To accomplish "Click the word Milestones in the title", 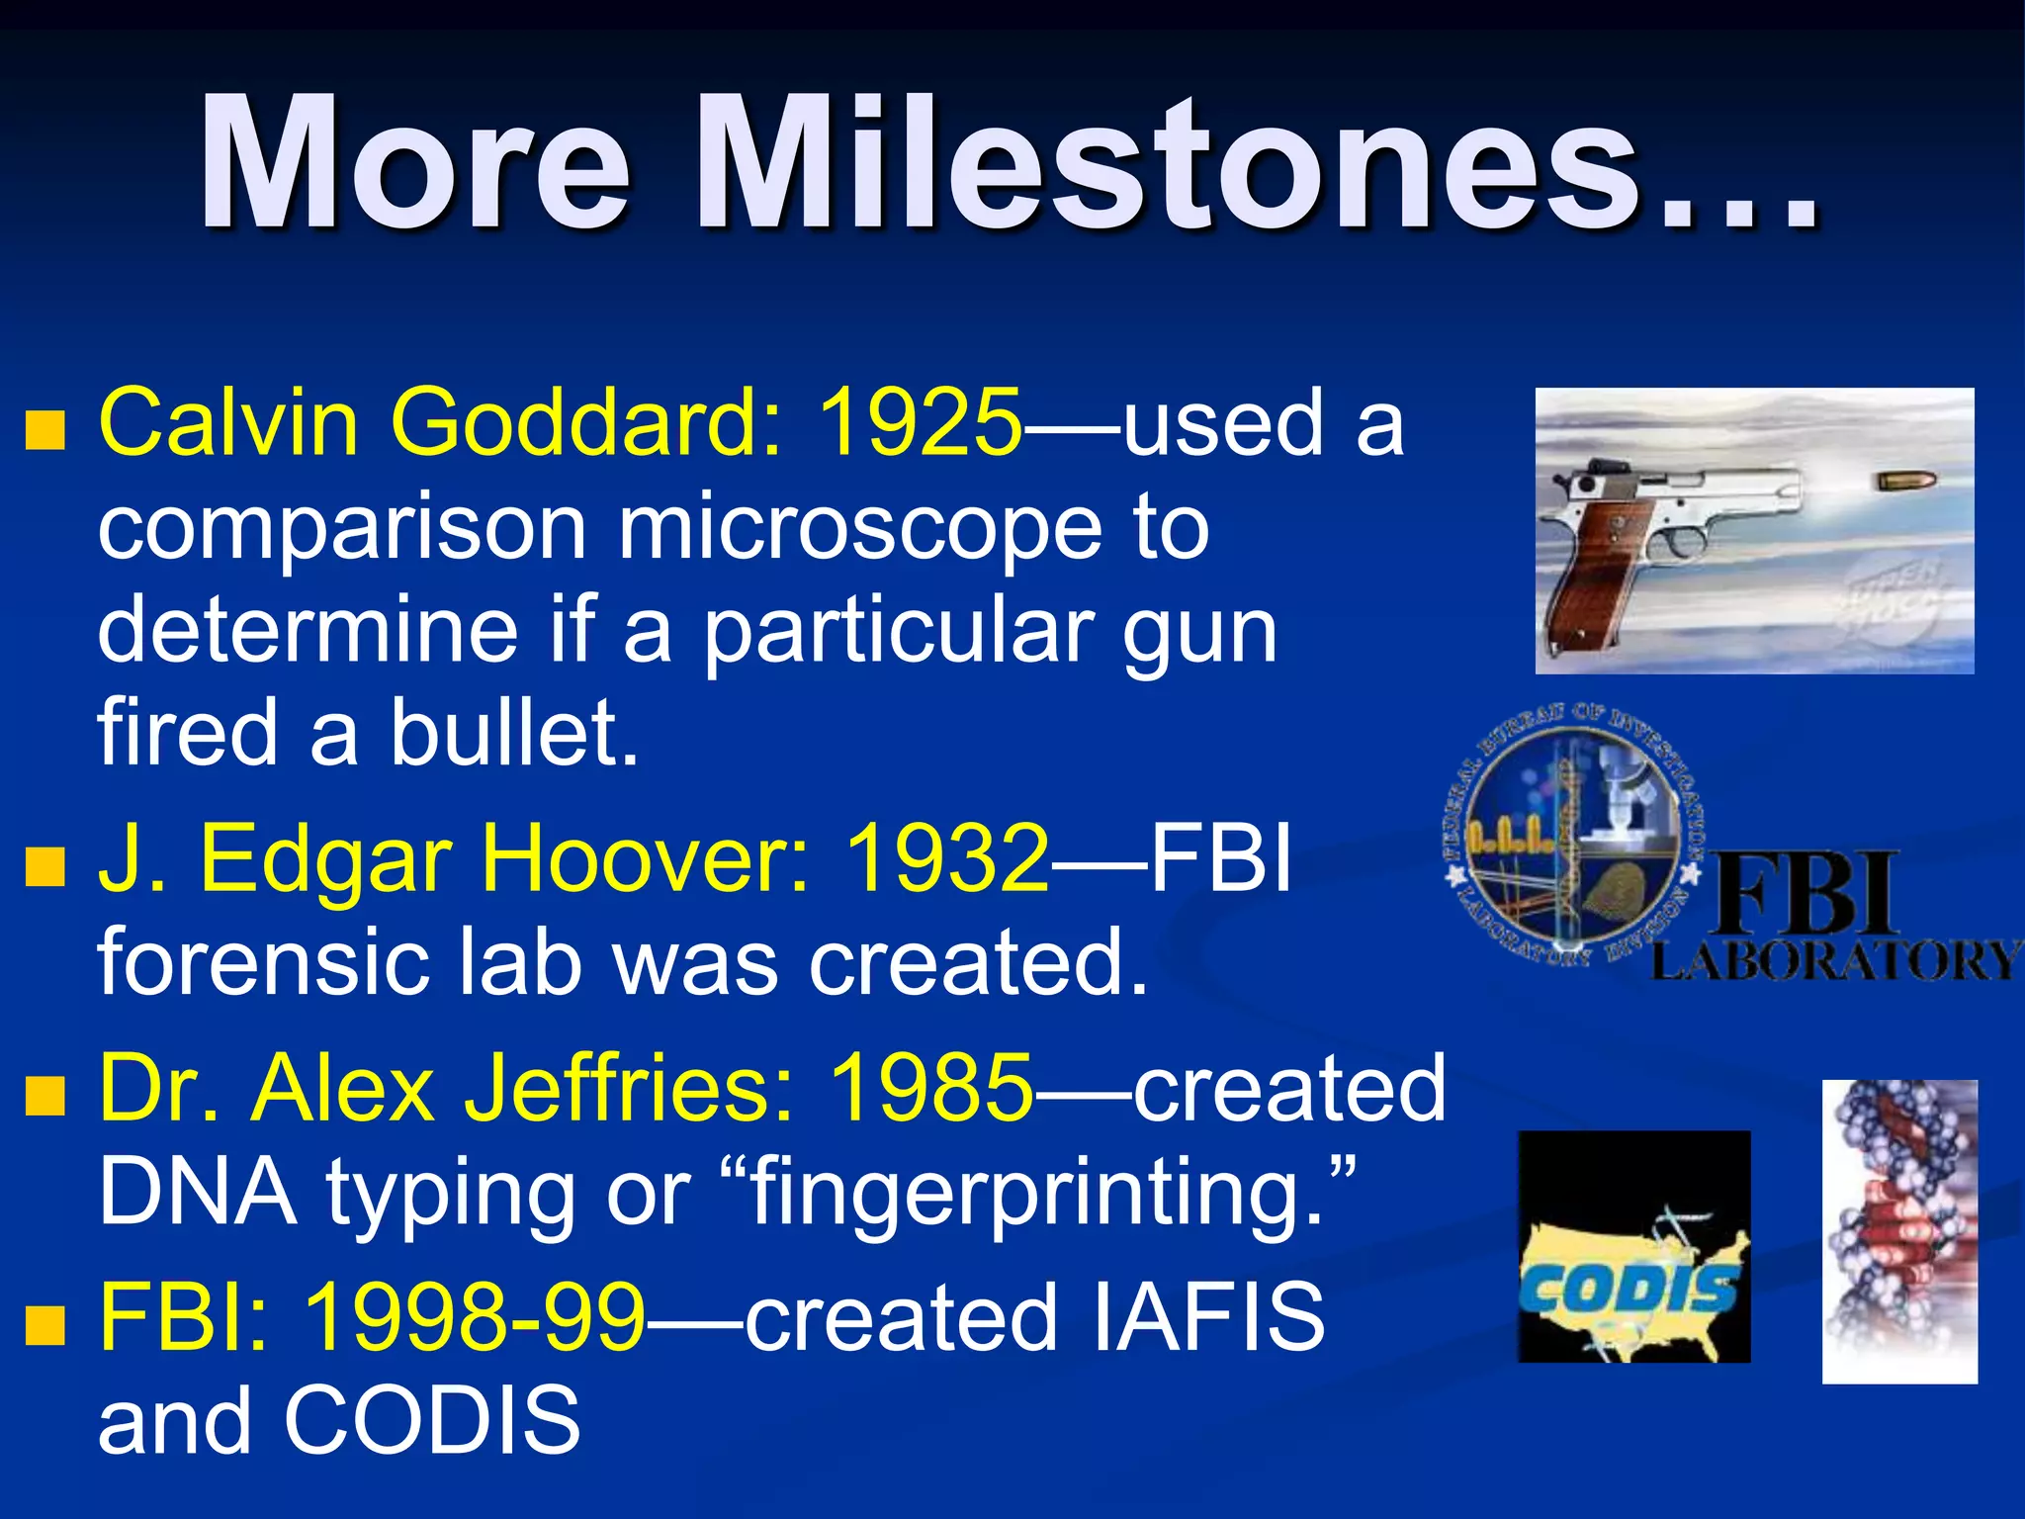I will click(x=1256, y=163).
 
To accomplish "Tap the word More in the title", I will click(x=415, y=163).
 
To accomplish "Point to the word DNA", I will click(x=198, y=1192).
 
